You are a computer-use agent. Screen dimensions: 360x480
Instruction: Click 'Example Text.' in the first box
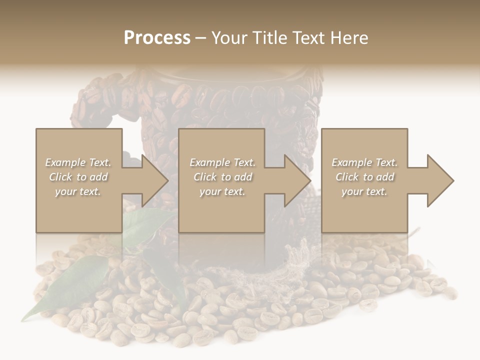[78, 162]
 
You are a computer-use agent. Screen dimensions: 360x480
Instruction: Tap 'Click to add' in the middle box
[222, 177]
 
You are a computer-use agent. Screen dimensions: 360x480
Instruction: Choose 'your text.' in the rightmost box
[364, 191]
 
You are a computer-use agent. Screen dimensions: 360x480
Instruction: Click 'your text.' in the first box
[78, 191]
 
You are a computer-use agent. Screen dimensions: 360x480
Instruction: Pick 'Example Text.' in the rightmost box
[364, 162]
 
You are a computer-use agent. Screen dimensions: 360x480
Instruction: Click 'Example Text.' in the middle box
[222, 162]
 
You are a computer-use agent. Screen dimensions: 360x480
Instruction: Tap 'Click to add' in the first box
[78, 177]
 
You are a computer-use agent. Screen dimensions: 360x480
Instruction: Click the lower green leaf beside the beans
[70, 285]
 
